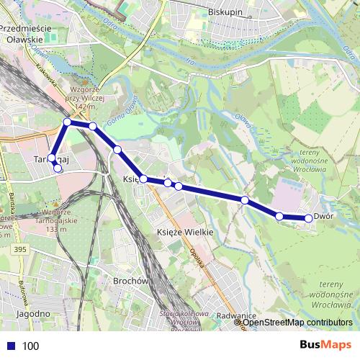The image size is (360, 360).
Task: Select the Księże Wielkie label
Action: (x=185, y=233)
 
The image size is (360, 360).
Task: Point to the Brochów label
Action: (x=130, y=281)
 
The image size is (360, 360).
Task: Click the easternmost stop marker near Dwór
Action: (x=309, y=218)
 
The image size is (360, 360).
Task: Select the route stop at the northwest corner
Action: (x=68, y=122)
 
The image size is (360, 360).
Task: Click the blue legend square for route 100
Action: (x=10, y=346)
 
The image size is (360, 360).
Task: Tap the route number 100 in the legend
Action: (x=30, y=346)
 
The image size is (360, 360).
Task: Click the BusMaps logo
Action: (x=325, y=345)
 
